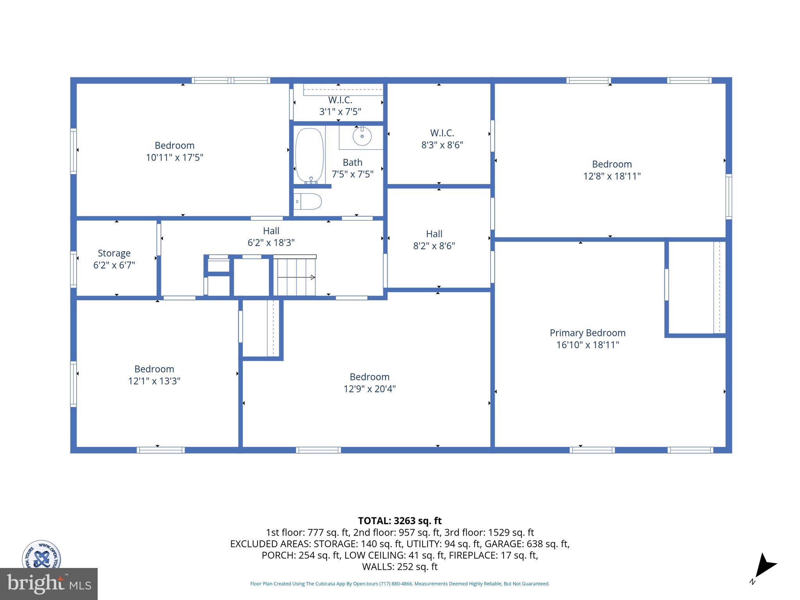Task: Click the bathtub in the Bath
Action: pyautogui.click(x=309, y=155)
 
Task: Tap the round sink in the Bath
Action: pyautogui.click(x=362, y=136)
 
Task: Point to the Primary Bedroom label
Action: pyautogui.click(x=587, y=333)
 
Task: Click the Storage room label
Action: pyautogui.click(x=114, y=253)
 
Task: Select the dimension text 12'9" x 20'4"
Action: pyautogui.click(x=370, y=389)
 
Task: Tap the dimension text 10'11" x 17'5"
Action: pyautogui.click(x=175, y=157)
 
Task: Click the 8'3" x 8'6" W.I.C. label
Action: pyautogui.click(x=442, y=139)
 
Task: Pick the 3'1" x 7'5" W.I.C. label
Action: pyautogui.click(x=340, y=106)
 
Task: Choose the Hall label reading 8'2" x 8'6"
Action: pyautogui.click(x=434, y=239)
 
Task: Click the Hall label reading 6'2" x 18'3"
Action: pyautogui.click(x=271, y=236)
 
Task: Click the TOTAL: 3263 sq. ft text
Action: pyautogui.click(x=400, y=521)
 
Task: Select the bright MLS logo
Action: pyautogui.click(x=49, y=584)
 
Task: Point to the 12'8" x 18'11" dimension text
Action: pyautogui.click(x=612, y=176)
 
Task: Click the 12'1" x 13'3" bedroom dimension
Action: pyautogui.click(x=154, y=381)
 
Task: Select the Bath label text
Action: pyautogui.click(x=352, y=162)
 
